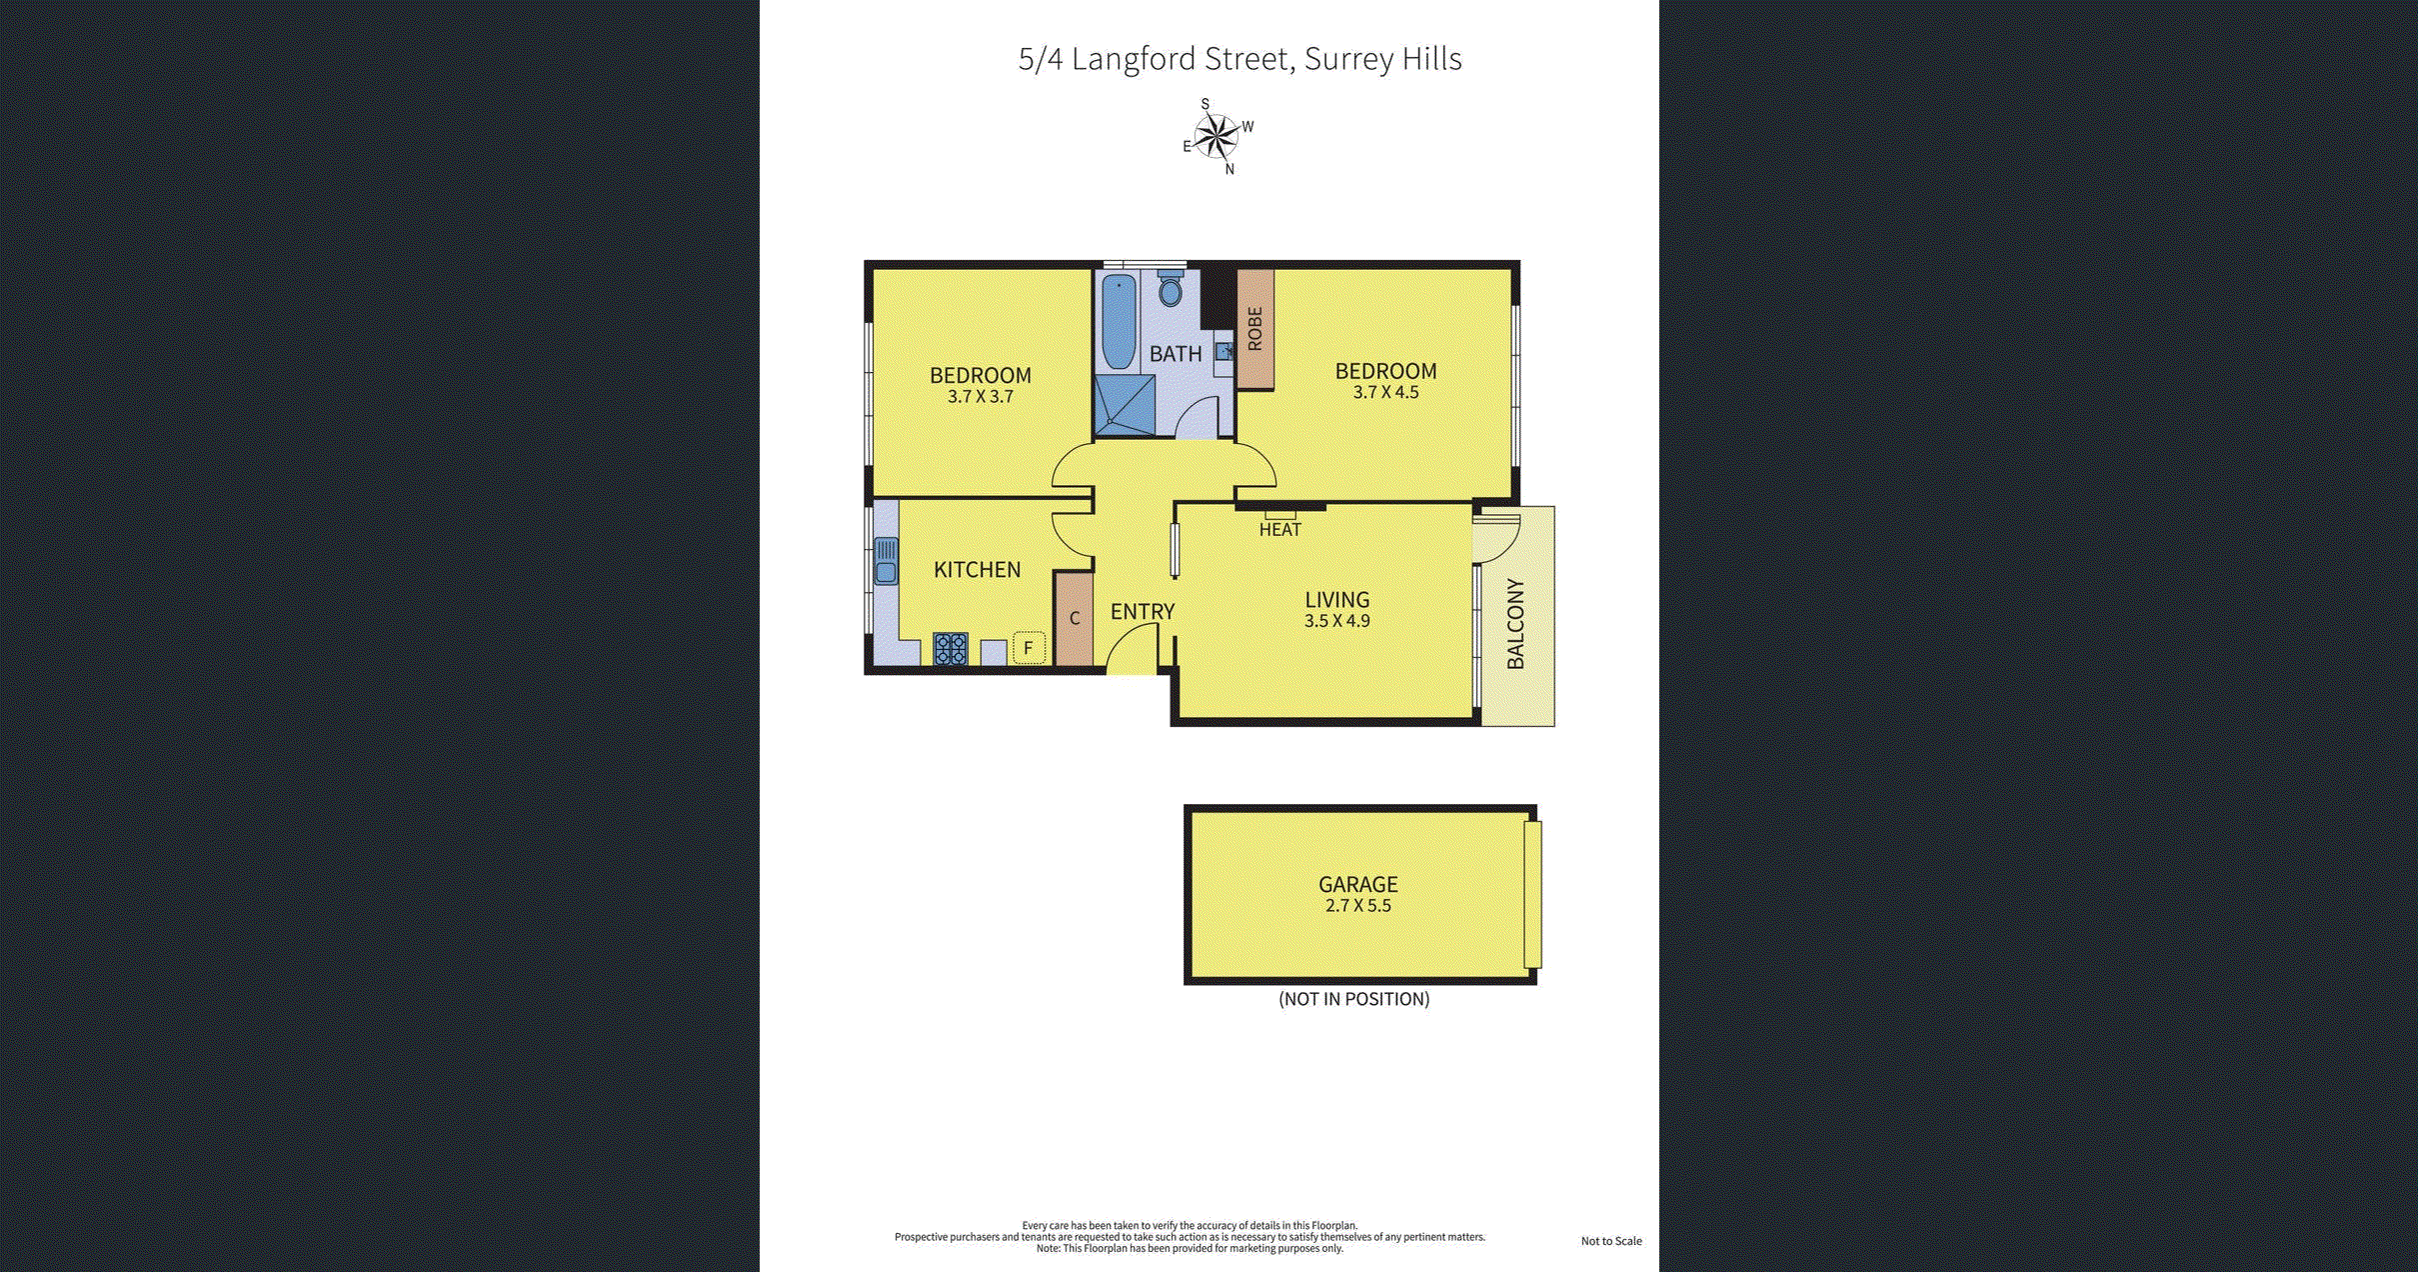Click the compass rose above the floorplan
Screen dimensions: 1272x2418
click(x=1216, y=137)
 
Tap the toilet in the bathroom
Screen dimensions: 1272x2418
click(x=1171, y=290)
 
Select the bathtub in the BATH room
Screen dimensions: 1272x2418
click(x=1119, y=322)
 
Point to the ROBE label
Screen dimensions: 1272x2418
click(x=1255, y=329)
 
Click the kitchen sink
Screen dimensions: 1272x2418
click(x=886, y=561)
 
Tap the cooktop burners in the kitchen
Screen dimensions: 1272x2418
click(x=950, y=649)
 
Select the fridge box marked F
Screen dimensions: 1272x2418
click(x=1028, y=648)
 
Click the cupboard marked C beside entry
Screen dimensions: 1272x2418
click(x=1075, y=618)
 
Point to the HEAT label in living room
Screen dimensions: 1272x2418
click(x=1279, y=530)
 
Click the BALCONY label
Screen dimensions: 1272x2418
click(x=1515, y=624)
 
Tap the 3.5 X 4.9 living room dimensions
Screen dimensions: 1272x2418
click(x=1336, y=621)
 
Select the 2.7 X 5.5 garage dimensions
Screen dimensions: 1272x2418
click(x=1357, y=906)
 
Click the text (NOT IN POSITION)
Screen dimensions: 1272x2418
click(x=1353, y=999)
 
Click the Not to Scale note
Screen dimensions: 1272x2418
click(x=1610, y=1241)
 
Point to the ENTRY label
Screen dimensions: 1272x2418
click(x=1143, y=612)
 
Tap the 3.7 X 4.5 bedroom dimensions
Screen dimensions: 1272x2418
click(x=1385, y=392)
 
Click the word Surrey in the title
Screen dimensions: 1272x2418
click(x=1348, y=59)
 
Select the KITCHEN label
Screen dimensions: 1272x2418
click(x=977, y=570)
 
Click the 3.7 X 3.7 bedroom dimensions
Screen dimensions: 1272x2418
click(x=980, y=397)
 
